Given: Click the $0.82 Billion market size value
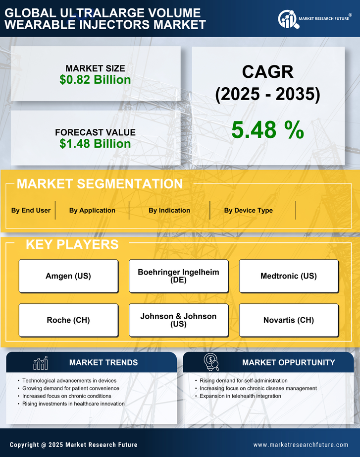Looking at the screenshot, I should pos(95,80).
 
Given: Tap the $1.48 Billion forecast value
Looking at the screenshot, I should pos(95,144).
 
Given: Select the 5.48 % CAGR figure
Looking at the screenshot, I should pos(267,130).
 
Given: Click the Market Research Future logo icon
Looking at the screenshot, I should pos(287,19).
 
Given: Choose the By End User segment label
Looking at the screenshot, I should pos(31,210).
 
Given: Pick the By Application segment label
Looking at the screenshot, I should pos(92,210).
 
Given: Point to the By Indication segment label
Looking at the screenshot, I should pos(169,210).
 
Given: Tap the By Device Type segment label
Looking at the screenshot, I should pos(248,210).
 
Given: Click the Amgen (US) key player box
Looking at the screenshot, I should pos(68,276).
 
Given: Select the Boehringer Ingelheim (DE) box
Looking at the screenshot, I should pos(178,276).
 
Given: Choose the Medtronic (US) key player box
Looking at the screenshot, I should pos(289,276).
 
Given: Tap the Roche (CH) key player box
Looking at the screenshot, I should pos(68,320).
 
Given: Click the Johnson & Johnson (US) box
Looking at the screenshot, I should pos(178,320).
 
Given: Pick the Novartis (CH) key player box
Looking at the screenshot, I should pos(289,320).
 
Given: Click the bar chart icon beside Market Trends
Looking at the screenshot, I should pos(41,363).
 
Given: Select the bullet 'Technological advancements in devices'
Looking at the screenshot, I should pos(69,380).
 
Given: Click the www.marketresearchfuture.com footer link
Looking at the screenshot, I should pos(301,445).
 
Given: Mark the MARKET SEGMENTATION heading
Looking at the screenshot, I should pos(100,184).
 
